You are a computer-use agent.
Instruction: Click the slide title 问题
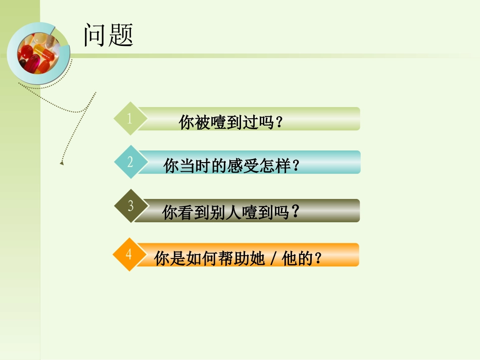[x=108, y=35]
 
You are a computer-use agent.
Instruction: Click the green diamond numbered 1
[x=130, y=119]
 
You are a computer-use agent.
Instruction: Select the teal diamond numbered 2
[x=130, y=162]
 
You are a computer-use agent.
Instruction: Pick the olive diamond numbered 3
[x=130, y=205]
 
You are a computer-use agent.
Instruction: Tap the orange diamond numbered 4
[x=129, y=254]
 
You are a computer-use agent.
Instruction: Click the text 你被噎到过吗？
[x=230, y=123]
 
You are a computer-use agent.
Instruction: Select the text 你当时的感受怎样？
[x=231, y=166]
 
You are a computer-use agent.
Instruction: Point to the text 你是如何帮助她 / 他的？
[x=238, y=259]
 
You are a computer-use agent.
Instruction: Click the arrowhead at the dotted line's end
[x=62, y=163]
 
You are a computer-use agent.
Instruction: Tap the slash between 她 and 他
[x=273, y=260]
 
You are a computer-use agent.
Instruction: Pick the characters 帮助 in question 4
[x=234, y=259]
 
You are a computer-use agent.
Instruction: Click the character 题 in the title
[x=121, y=35]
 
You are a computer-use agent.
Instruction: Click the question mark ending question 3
[x=296, y=212]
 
